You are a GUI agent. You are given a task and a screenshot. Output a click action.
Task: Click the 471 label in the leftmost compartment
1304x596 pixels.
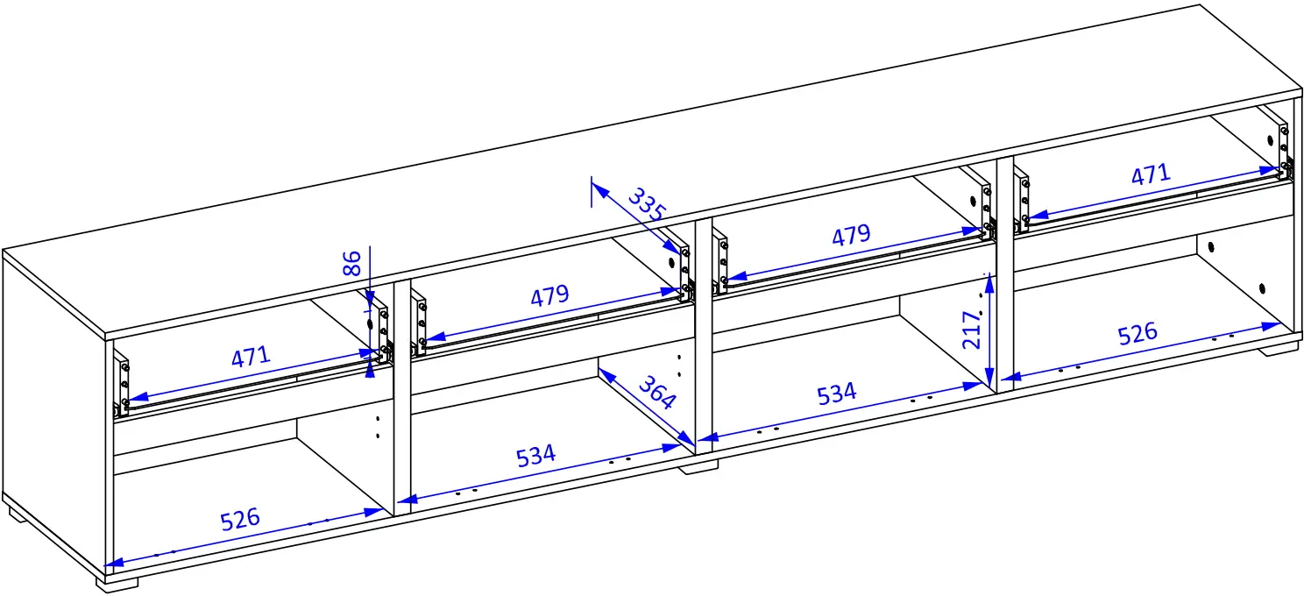tap(251, 357)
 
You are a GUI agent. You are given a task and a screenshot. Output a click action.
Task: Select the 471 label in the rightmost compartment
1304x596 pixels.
tap(1151, 174)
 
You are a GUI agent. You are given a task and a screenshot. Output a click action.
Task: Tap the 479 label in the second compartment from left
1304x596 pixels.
tap(549, 295)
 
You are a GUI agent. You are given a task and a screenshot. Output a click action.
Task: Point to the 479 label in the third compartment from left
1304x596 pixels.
tap(851, 235)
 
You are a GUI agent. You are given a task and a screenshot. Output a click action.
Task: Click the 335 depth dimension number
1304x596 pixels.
tap(647, 204)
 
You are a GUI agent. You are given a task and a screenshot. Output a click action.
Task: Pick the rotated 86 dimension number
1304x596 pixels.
tap(352, 263)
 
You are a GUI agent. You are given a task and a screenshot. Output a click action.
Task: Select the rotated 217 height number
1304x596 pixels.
tap(972, 330)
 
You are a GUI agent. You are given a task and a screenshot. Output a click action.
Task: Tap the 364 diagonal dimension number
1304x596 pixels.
tap(658, 393)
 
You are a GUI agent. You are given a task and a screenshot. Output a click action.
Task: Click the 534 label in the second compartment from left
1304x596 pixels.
tap(535, 456)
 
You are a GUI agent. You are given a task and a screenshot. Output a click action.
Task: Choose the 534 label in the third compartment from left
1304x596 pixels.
tap(837, 394)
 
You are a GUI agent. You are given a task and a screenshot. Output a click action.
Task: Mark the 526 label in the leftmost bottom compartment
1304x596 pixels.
tap(240, 519)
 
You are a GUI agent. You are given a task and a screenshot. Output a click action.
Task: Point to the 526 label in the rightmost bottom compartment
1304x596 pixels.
tap(1137, 334)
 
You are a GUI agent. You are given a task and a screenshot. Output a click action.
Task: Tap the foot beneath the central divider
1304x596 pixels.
tap(698, 467)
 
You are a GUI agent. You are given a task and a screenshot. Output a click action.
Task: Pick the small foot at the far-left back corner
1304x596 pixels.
tap(18, 514)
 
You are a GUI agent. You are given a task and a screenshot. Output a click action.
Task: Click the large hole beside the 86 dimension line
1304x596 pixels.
tap(369, 323)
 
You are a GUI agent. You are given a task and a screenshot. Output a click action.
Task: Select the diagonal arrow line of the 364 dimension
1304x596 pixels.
tap(647, 407)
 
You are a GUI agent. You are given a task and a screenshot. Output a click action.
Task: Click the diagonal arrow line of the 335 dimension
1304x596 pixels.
tap(636, 218)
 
